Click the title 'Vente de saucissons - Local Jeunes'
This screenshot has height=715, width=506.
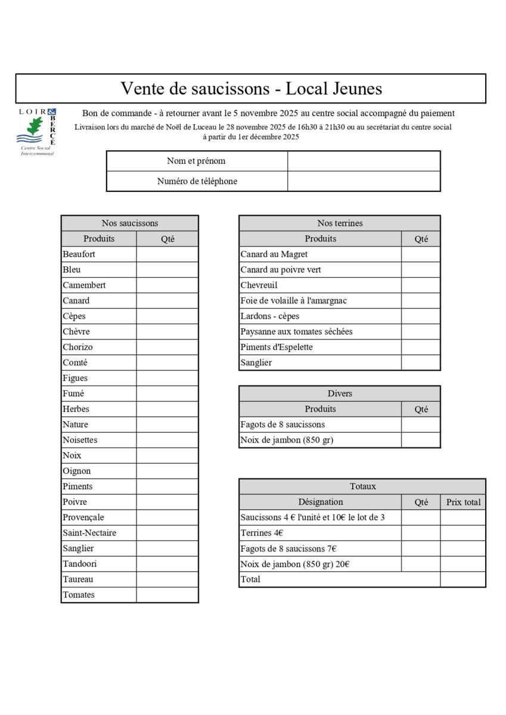pyautogui.click(x=251, y=89)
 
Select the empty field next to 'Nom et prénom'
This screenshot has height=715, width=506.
pyautogui.click(x=364, y=161)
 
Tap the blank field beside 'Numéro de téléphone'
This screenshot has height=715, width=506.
pyautogui.click(x=364, y=181)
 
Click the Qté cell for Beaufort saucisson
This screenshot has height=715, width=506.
pyautogui.click(x=167, y=254)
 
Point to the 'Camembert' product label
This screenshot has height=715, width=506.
pyautogui.click(x=84, y=285)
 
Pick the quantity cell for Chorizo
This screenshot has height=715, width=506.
pyautogui.click(x=167, y=347)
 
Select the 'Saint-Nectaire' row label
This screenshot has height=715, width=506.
pyautogui.click(x=89, y=533)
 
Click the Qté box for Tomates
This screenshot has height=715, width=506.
pyautogui.click(x=167, y=595)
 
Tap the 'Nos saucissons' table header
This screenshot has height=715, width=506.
pyautogui.click(x=130, y=223)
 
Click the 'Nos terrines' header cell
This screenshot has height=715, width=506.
pyautogui.click(x=340, y=223)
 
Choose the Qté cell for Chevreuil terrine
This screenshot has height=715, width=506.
pyautogui.click(x=421, y=285)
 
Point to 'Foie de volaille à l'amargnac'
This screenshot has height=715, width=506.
pyautogui.click(x=294, y=301)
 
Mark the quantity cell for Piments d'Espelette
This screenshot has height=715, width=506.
pyautogui.click(x=421, y=347)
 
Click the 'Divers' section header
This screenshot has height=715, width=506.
pyautogui.click(x=340, y=394)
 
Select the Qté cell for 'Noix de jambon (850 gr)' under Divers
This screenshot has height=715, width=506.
pyautogui.click(x=421, y=440)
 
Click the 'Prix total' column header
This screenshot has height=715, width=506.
pyautogui.click(x=463, y=502)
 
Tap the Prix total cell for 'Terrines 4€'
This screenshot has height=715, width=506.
pyautogui.click(x=463, y=533)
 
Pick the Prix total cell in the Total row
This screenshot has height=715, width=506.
pyautogui.click(x=463, y=579)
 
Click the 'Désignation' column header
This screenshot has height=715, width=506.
pyautogui.click(x=321, y=502)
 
